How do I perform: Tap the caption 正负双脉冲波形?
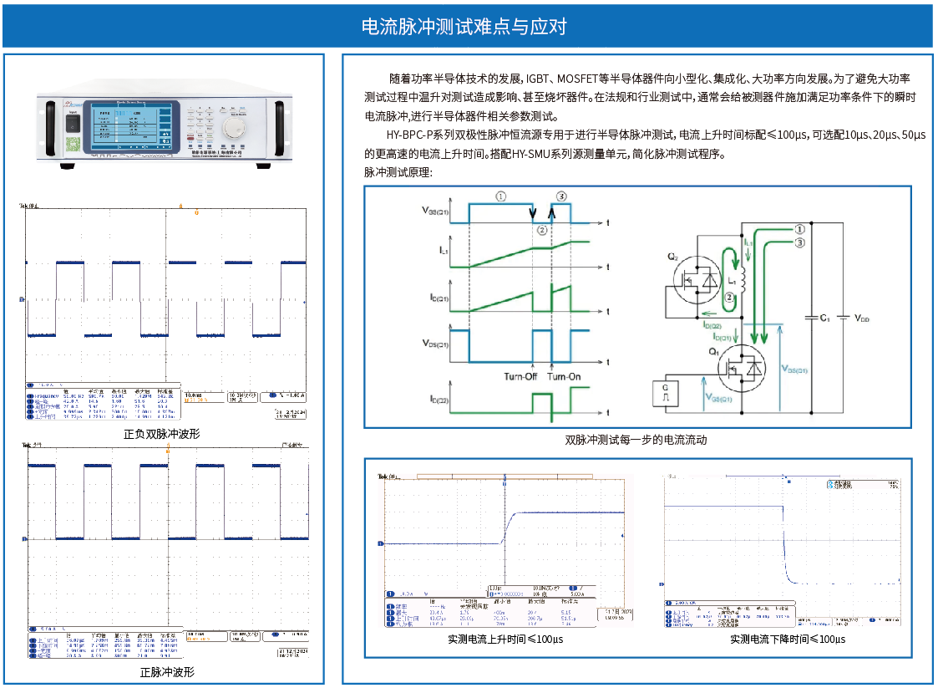tap(161, 434)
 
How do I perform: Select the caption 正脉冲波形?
tap(167, 671)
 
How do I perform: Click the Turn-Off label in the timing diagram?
tap(520, 376)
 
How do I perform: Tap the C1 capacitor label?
tap(824, 319)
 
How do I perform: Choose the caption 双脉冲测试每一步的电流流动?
tap(636, 440)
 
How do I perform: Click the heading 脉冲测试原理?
tap(398, 172)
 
